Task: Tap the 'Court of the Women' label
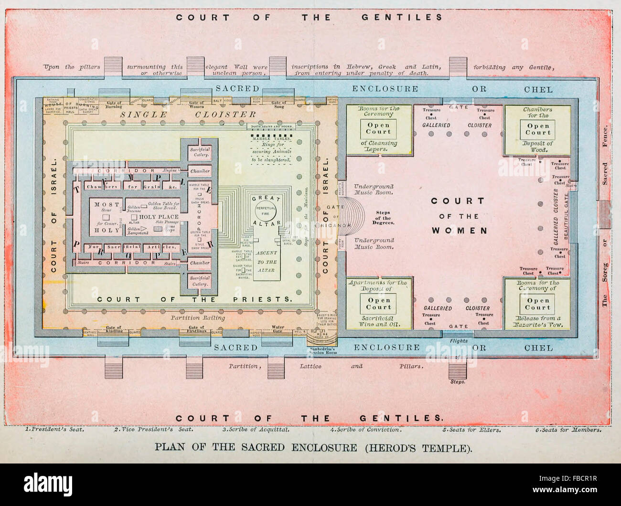(458, 216)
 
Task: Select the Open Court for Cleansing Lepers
(378, 128)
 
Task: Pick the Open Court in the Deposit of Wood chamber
(538, 129)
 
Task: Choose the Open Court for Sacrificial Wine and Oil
(378, 304)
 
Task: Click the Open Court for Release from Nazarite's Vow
(538, 304)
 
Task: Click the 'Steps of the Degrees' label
(383, 218)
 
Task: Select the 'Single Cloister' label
(188, 115)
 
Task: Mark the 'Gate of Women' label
(196, 105)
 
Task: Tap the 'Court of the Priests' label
(194, 299)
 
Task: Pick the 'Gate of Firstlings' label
(196, 329)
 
